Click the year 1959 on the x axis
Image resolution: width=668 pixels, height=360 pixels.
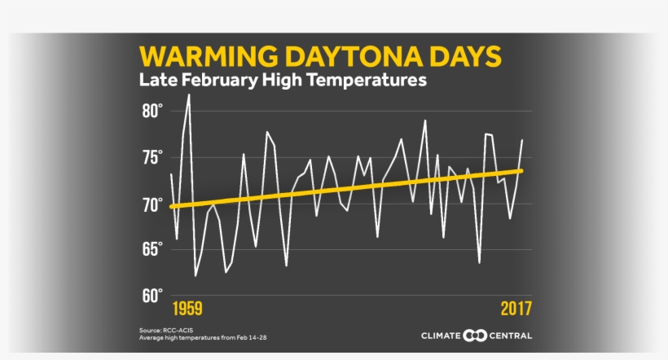tap(187, 310)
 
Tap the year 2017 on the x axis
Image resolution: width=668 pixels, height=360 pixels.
tap(516, 310)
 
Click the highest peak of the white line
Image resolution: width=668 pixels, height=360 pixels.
tap(189, 95)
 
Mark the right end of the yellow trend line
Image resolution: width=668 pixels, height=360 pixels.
tap(521, 170)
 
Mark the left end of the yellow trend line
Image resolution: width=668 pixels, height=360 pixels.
tap(171, 207)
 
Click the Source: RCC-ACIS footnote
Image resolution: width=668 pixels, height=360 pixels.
tap(161, 330)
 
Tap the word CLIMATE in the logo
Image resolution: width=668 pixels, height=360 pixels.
tap(441, 336)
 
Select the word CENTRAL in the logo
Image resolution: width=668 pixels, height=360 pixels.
tap(512, 336)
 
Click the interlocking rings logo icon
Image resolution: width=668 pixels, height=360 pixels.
tap(476, 336)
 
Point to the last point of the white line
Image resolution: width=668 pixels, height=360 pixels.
tap(522, 140)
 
